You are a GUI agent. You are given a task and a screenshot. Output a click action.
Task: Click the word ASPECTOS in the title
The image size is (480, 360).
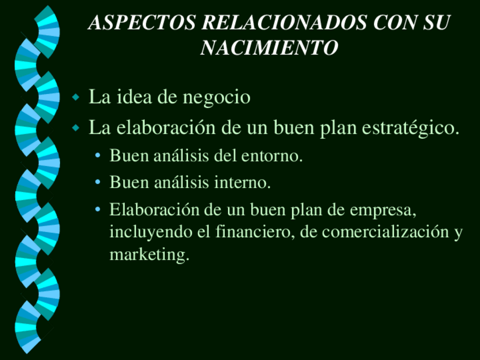coord(142,22)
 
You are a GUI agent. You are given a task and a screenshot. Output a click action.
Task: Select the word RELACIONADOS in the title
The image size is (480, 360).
coord(284,22)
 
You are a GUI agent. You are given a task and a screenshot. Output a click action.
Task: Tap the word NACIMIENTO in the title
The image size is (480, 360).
coord(269,48)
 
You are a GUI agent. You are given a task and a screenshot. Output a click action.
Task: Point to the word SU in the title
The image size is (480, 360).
coord(436,22)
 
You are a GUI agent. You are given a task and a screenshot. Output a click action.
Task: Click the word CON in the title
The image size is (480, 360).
coord(395,22)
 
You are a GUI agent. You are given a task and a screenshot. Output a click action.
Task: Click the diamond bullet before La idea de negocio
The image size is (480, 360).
coord(76,98)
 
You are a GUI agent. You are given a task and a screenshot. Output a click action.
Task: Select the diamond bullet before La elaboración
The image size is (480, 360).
coord(76,128)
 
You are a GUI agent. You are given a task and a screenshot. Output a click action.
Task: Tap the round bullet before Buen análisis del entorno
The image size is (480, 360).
coord(98,156)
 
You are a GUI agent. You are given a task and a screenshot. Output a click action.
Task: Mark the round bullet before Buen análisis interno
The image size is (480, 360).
coord(98,182)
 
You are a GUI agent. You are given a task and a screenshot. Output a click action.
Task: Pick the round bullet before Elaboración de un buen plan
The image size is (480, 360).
coord(98,209)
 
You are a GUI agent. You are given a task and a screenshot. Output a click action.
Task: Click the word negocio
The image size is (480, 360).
coord(216,98)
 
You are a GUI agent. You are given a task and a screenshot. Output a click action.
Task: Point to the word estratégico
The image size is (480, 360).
coord(410,128)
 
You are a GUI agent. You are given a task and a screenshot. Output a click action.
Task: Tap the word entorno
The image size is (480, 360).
coord(272,156)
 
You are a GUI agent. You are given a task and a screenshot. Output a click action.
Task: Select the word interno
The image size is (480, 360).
coord(242,183)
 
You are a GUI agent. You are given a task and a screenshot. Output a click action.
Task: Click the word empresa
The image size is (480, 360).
coord(383,211)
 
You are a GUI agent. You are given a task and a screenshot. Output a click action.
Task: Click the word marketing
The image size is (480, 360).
coord(149,255)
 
